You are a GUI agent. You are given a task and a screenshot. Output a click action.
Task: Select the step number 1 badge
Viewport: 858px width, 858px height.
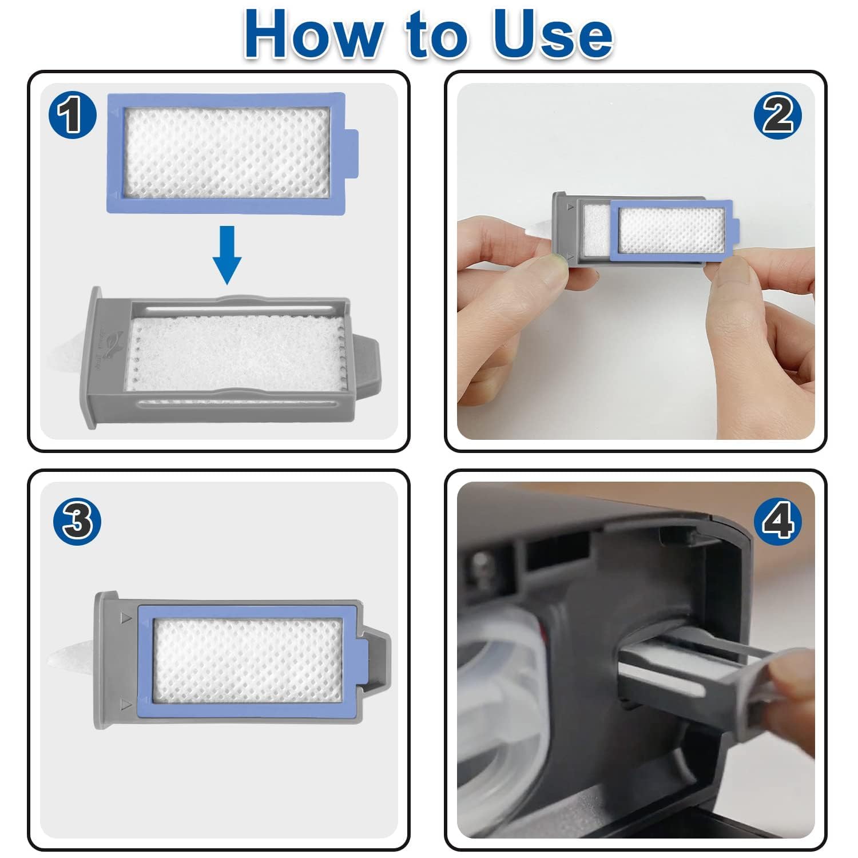pyautogui.click(x=72, y=115)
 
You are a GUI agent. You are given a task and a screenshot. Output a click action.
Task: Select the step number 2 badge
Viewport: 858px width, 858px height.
pyautogui.click(x=777, y=115)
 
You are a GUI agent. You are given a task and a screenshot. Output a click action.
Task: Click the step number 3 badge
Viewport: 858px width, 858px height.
pyautogui.click(x=77, y=521)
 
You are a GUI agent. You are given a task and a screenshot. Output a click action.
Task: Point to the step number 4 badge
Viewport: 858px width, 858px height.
pyautogui.click(x=777, y=521)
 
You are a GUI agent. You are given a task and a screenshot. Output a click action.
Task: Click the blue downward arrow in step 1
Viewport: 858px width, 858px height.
pyautogui.click(x=227, y=255)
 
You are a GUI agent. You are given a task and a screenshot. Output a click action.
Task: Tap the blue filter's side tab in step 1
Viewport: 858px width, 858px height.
pyautogui.click(x=352, y=153)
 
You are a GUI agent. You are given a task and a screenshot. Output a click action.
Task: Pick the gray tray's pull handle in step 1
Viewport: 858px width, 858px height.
pyautogui.click(x=366, y=366)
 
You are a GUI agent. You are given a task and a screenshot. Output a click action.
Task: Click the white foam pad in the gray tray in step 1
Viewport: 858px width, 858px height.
pyautogui.click(x=235, y=355)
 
